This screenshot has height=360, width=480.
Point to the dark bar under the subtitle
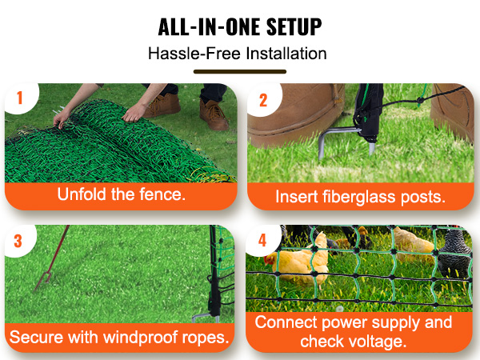pyautogui.click(x=239, y=71)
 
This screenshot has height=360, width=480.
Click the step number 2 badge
pyautogui.click(x=263, y=99)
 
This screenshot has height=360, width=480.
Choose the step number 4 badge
pyautogui.click(x=263, y=239)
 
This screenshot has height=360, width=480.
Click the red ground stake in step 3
pyautogui.click(x=50, y=264)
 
